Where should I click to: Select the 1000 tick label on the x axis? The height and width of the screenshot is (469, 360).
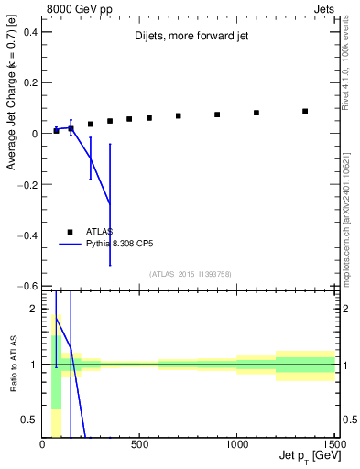237,446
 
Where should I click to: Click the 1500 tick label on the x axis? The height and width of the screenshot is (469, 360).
333,446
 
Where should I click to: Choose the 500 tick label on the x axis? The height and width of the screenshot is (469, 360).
139,446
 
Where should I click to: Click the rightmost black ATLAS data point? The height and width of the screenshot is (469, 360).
305,111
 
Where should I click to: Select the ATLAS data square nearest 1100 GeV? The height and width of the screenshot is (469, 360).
256,113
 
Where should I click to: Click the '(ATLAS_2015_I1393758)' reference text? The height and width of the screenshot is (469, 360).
190,274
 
